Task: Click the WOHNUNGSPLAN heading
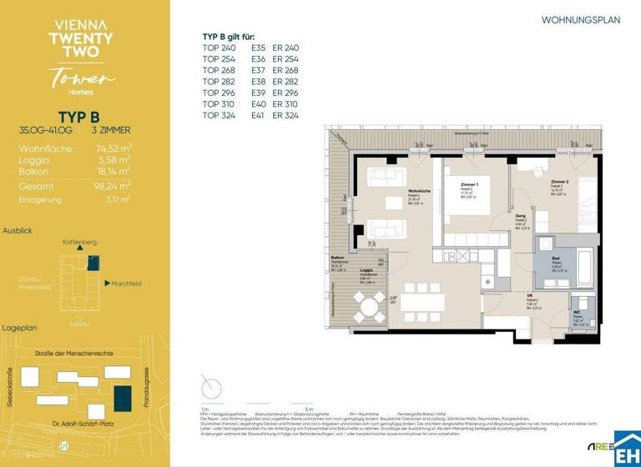coord(581,19)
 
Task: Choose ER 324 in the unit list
coord(285,115)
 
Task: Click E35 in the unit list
coord(258,48)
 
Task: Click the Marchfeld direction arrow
coord(108,284)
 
